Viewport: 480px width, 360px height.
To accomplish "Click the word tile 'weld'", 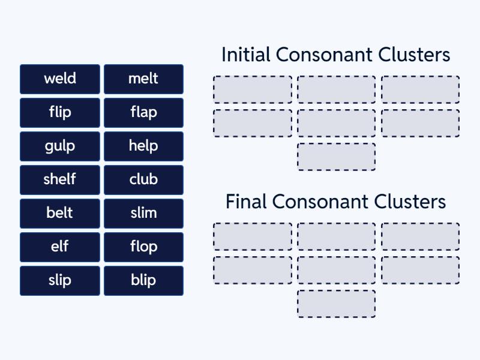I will coord(59,79).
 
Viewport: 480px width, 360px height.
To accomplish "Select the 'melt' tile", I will coord(143,79).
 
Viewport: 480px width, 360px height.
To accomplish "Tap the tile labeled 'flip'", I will coord(59,112).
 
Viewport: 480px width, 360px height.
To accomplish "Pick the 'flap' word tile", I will coord(143,112).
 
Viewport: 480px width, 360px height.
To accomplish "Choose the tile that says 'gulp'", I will coord(59,146).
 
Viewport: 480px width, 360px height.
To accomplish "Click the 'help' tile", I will coord(143,146).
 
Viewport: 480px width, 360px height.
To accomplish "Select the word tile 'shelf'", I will coord(59,179).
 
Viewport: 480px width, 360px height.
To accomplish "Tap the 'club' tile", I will coord(143,179).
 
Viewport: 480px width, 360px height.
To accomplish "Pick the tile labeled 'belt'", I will coord(59,213).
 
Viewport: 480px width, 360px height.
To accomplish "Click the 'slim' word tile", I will coord(143,213).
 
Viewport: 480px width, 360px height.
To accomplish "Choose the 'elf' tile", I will coord(59,247).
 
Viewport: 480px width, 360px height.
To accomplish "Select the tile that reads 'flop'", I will coord(143,247).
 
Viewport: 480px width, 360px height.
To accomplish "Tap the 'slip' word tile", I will coord(59,280).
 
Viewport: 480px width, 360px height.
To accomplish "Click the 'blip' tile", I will coord(143,280).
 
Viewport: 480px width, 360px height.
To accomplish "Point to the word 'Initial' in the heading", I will coord(246,55).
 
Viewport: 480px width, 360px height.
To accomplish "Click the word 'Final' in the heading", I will coord(246,202).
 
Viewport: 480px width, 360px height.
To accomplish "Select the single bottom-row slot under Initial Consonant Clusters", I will coord(336,157).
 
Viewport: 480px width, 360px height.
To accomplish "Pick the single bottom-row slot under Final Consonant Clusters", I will coord(336,304).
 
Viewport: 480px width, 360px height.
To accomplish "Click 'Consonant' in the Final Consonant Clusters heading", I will coord(321,202).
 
